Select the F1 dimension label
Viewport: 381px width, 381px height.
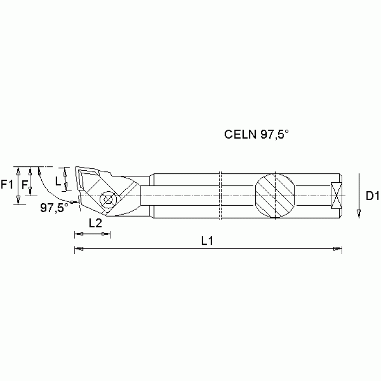tap(7, 185)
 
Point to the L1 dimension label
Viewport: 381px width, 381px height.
tap(207, 240)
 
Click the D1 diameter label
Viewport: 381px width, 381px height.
tap(372, 196)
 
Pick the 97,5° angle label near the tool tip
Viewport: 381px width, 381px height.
tap(54, 208)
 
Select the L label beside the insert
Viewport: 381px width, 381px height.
tap(58, 181)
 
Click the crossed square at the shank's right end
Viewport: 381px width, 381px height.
tap(336, 195)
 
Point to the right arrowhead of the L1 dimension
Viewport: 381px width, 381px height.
tap(338, 248)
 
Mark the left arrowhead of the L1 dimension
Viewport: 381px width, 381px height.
tap(77, 248)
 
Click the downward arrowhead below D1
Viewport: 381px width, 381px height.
tap(358, 213)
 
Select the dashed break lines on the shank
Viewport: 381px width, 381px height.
tap(221, 195)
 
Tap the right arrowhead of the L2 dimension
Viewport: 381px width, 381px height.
tap(107, 233)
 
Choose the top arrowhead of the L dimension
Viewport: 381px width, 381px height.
tap(66, 169)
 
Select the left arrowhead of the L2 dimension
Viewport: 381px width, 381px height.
tap(77, 233)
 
